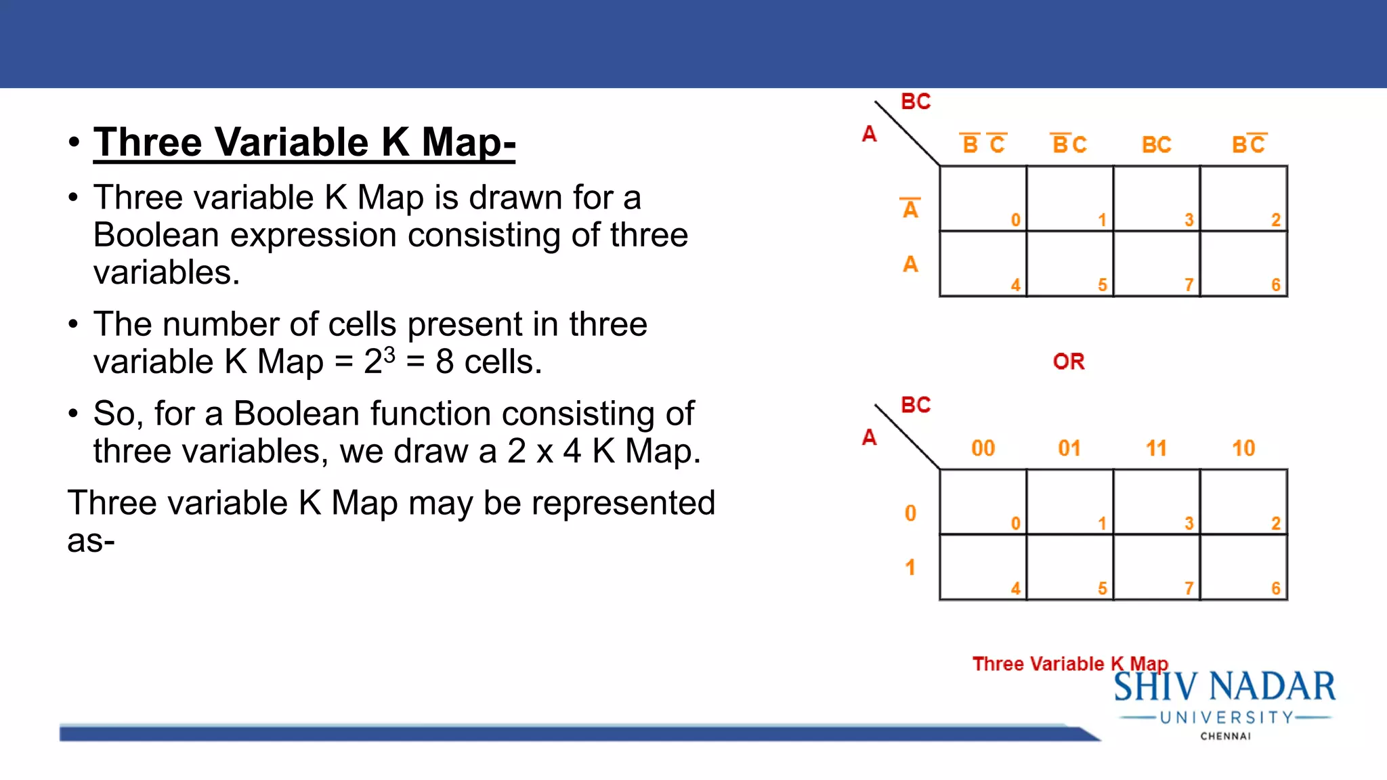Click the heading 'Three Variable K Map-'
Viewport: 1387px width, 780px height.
(x=304, y=142)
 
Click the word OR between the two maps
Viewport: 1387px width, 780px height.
(x=1069, y=362)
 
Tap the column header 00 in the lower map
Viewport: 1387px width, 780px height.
(x=983, y=448)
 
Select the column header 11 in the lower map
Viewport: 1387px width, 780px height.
(x=1156, y=448)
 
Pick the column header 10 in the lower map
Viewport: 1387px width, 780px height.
(x=1243, y=448)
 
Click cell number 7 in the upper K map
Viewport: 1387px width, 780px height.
(x=1157, y=264)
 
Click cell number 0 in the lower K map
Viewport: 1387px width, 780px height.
(x=983, y=502)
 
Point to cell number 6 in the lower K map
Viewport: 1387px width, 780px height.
(x=1243, y=567)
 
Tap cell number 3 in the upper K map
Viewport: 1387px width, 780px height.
(x=1157, y=198)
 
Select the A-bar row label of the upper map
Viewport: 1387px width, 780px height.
(x=910, y=209)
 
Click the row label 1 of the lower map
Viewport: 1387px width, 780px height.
(x=910, y=567)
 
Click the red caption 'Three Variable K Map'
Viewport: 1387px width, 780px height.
(x=1070, y=664)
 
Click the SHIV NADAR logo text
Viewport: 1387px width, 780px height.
(x=1224, y=687)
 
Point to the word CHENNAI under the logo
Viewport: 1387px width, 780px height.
(x=1225, y=736)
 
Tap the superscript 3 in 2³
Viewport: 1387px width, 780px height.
(x=389, y=353)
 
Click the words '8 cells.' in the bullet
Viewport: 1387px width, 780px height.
(x=488, y=362)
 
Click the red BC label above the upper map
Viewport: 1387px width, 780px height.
(x=916, y=102)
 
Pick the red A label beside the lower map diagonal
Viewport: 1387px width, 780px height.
(x=869, y=437)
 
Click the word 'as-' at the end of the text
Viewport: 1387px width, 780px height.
(x=91, y=541)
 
